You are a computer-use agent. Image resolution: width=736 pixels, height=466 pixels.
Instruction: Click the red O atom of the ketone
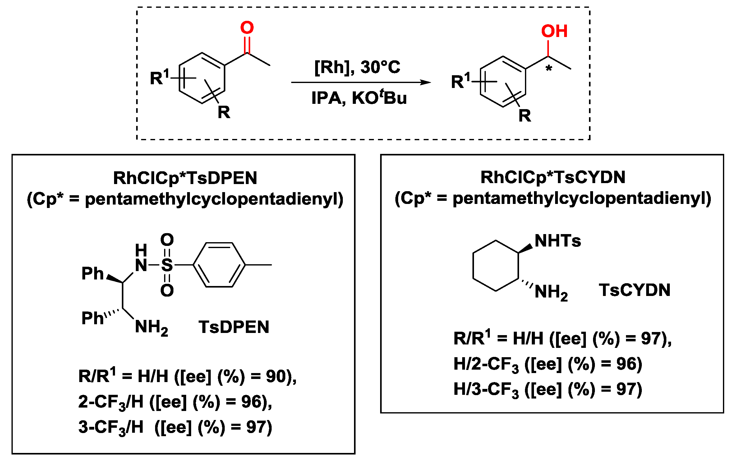(247, 28)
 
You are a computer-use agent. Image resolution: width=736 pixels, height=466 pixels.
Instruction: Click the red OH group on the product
(554, 31)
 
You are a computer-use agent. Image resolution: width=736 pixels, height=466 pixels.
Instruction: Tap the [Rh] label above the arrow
(333, 67)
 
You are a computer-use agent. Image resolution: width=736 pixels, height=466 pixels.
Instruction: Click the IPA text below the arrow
(326, 98)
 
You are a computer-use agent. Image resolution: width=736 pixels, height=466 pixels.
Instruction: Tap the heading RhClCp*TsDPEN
(185, 178)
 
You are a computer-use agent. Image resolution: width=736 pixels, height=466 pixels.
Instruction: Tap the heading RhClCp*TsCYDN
(553, 178)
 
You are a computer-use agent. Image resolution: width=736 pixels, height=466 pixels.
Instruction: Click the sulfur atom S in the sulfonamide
(167, 265)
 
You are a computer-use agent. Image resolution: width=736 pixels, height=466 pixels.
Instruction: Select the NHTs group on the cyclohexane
(558, 241)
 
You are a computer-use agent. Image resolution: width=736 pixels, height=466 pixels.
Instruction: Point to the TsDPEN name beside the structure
(234, 327)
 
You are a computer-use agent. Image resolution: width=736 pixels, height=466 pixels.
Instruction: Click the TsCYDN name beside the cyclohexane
(634, 290)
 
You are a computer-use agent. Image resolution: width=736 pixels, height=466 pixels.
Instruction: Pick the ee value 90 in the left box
(276, 376)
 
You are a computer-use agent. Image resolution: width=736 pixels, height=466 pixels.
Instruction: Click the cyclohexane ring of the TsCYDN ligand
(495, 266)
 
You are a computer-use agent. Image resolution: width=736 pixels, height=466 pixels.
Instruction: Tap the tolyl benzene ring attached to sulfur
(219, 265)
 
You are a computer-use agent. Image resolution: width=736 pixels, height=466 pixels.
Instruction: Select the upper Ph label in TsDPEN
(92, 274)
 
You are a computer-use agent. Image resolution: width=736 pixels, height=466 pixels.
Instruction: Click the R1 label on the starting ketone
(159, 77)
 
